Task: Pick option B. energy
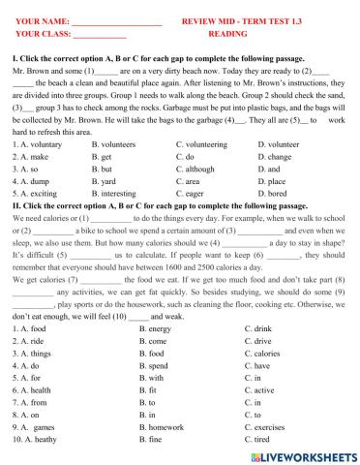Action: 155,331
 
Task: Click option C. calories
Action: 266,356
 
